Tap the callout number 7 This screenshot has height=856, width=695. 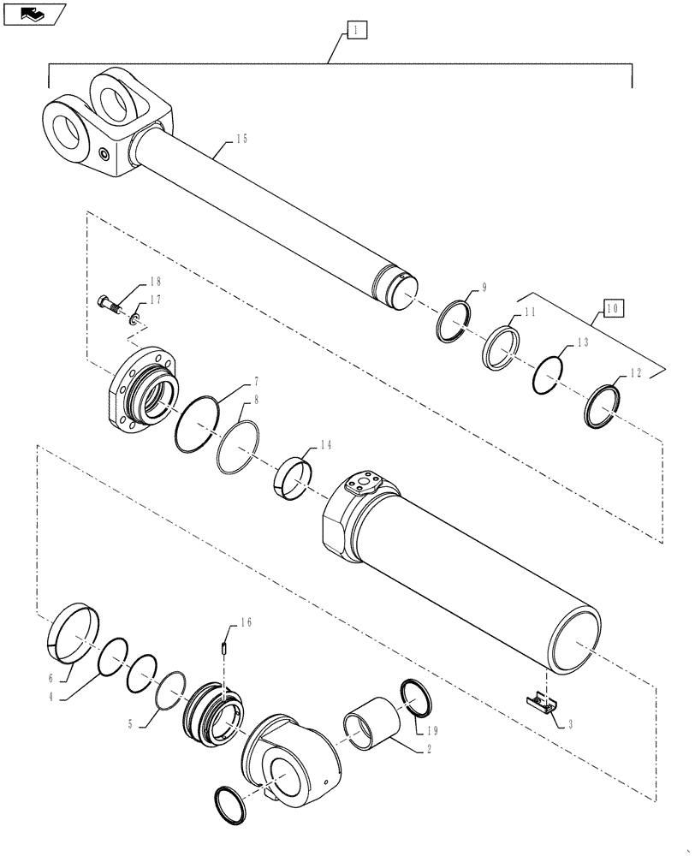coord(233,381)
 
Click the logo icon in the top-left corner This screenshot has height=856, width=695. coord(33,12)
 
